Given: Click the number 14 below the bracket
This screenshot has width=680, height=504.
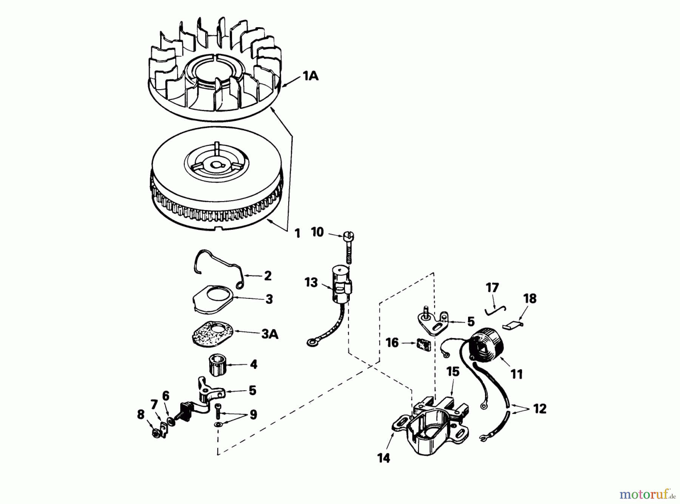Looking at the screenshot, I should [383, 458].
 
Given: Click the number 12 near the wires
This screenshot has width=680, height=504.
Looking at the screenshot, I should [540, 409].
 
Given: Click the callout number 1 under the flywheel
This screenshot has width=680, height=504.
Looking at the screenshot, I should [298, 233].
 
